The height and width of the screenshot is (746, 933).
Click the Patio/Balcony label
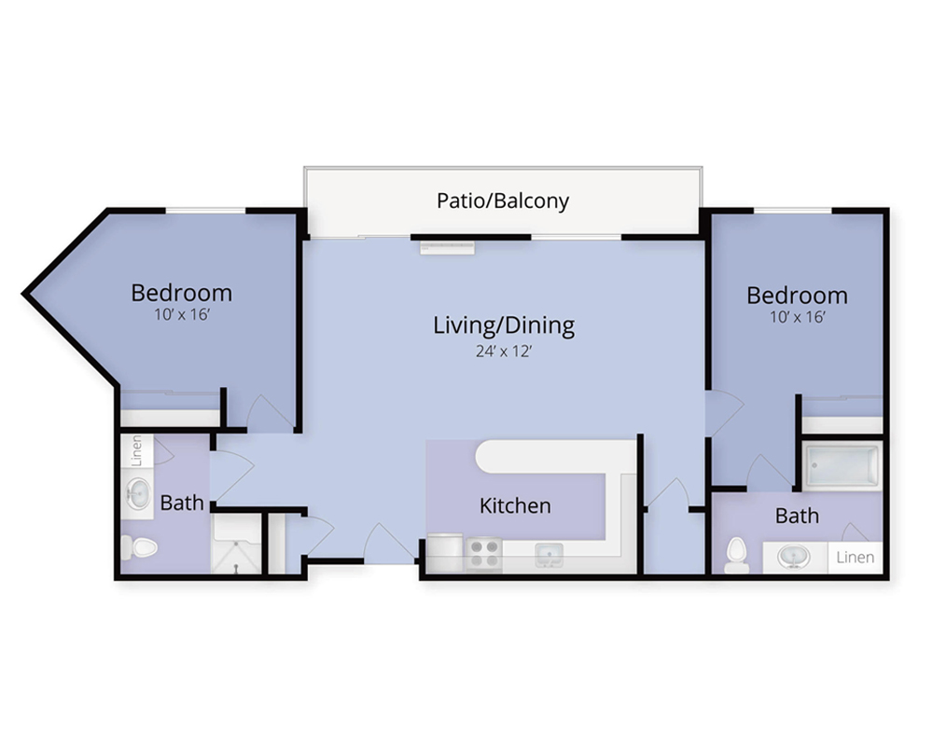pos(503,201)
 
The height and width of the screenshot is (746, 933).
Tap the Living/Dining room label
pos(504,326)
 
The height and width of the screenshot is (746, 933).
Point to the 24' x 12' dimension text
pos(504,352)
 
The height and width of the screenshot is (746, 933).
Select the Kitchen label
pos(515,505)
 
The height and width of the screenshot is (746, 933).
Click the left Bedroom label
pos(182,293)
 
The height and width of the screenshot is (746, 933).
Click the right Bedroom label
pos(798,295)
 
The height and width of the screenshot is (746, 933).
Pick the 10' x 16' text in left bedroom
pos(182,314)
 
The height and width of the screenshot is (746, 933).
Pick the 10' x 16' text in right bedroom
pos(798,317)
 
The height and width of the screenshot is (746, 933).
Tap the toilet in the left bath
pos(139,547)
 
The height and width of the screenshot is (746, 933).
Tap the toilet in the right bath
pos(737,555)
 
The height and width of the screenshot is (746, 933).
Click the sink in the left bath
pos(138,493)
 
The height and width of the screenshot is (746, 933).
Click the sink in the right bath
pos(794,558)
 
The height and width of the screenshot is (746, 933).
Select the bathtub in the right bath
pos(842,466)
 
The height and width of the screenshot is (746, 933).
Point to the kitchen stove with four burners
pos(483,553)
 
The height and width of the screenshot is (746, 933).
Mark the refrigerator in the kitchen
pos(444,553)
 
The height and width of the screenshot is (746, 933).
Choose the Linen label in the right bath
pos(855,558)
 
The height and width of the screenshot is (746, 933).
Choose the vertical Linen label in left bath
pos(137,450)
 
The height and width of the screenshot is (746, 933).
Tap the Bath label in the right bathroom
pos(797,516)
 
